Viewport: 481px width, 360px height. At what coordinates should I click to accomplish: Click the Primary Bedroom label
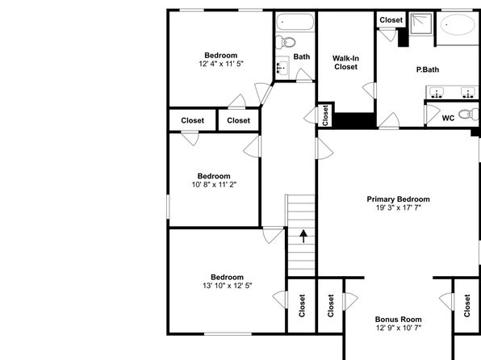[x=398, y=199]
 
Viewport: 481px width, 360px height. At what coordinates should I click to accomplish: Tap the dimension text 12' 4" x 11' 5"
[x=221, y=64]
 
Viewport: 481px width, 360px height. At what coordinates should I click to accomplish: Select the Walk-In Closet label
[x=345, y=63]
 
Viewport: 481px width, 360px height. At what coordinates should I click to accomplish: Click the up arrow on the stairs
[x=303, y=237]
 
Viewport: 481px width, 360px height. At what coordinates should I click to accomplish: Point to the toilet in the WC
[x=468, y=114]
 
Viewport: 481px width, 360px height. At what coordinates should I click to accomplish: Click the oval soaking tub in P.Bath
[x=458, y=24]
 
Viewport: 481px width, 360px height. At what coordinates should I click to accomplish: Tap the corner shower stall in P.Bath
[x=421, y=23]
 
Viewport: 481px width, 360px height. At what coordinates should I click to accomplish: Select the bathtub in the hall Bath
[x=295, y=22]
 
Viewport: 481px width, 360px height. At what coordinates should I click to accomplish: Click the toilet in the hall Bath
[x=285, y=42]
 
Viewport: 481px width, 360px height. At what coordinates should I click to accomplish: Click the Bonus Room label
[x=398, y=320]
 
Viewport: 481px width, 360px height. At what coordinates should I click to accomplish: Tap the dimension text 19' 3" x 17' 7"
[x=399, y=207]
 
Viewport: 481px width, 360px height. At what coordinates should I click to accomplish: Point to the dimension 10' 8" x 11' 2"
[x=214, y=185]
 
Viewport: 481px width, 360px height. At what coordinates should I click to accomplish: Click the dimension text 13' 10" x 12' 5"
[x=228, y=286]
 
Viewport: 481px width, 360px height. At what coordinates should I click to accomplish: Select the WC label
[x=448, y=118]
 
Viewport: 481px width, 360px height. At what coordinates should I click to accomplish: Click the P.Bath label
[x=427, y=69]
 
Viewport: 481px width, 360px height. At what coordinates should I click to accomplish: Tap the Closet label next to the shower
[x=391, y=20]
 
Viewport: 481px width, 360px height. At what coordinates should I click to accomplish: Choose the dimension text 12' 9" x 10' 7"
[x=399, y=328]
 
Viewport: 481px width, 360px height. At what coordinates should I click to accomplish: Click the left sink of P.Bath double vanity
[x=437, y=92]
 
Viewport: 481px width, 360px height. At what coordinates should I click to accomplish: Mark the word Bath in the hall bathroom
[x=302, y=57]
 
